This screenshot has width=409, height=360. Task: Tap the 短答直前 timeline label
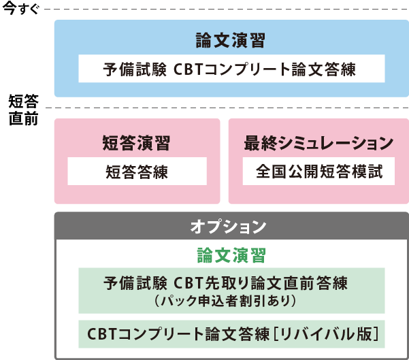(x=23, y=109)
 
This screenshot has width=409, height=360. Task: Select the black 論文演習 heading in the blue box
(x=230, y=40)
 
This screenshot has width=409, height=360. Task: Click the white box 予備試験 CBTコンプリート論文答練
(x=231, y=69)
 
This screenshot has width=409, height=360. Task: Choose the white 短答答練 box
(x=137, y=171)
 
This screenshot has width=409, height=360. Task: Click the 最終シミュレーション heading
(x=318, y=143)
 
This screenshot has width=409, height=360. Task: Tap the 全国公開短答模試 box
(x=318, y=171)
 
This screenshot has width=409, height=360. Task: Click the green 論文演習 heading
(x=231, y=255)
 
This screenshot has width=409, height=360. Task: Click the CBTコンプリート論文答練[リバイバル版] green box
(x=231, y=334)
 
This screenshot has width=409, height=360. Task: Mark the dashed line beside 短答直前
(x=225, y=108)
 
